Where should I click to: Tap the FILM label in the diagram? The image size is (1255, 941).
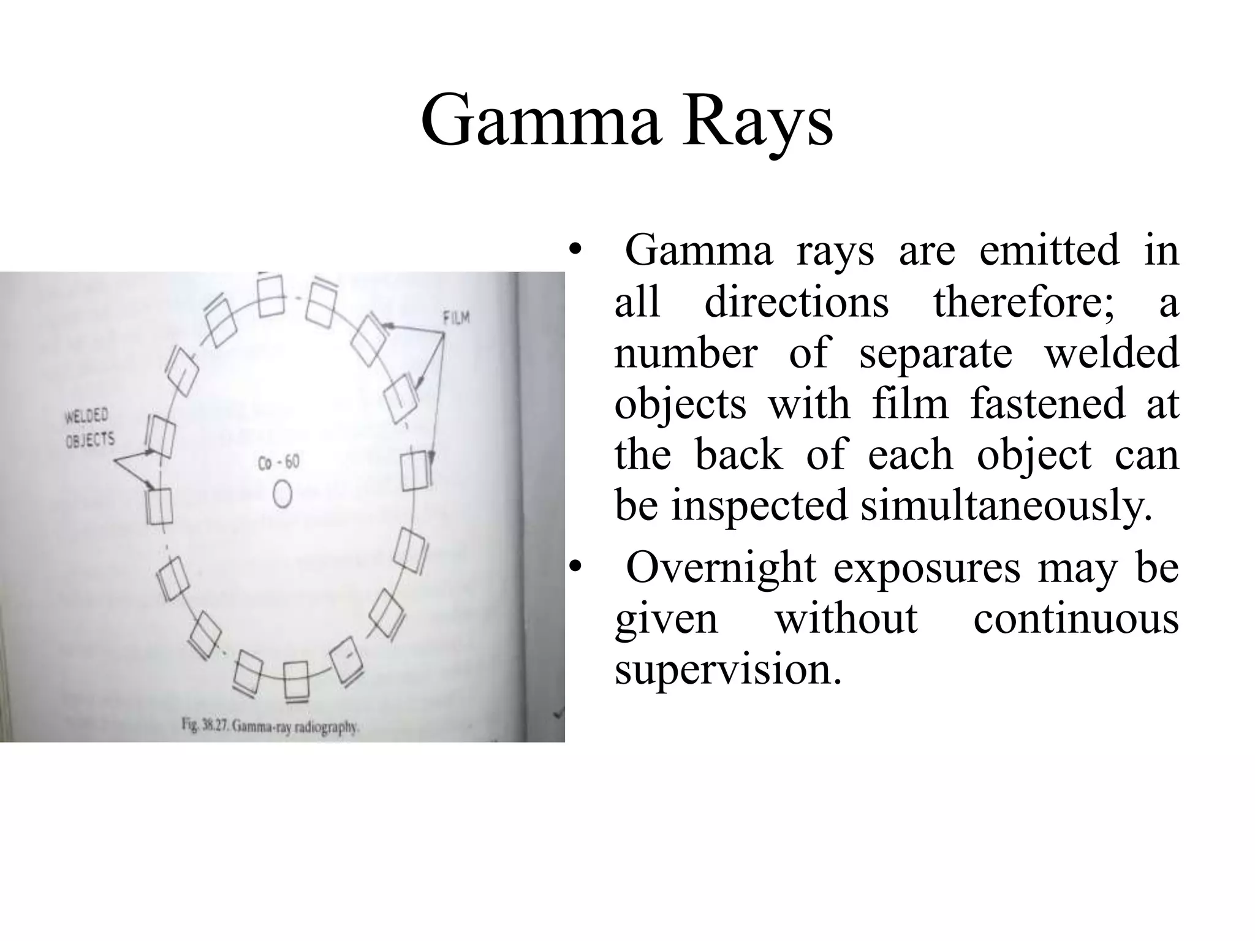[455, 317]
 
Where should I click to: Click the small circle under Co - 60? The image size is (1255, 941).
[282, 494]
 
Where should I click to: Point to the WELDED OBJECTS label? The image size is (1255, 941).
[90, 428]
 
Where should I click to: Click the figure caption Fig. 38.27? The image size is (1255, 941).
[270, 727]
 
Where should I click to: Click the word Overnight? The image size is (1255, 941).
[721, 567]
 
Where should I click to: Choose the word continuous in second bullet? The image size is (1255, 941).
[1075, 618]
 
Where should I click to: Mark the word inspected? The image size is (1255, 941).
[759, 505]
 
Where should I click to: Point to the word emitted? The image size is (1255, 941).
[1048, 251]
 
